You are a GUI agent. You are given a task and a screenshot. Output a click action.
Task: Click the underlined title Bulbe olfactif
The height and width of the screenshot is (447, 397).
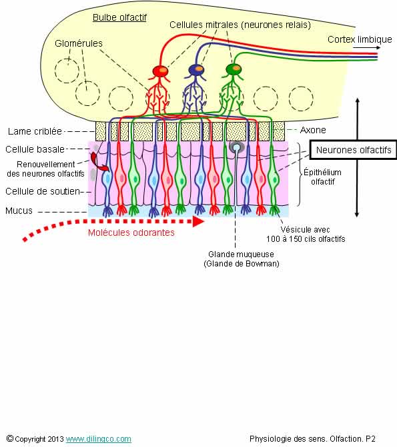(x=119, y=18)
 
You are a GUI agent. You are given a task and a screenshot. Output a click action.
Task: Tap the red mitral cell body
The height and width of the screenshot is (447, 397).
(x=160, y=71)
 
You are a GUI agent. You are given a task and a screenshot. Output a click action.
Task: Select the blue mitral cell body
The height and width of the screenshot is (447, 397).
(x=196, y=70)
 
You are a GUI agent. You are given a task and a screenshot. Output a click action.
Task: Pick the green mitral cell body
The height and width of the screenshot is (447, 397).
(x=234, y=69)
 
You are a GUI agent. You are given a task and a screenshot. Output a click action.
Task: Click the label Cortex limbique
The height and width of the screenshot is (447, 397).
(x=360, y=39)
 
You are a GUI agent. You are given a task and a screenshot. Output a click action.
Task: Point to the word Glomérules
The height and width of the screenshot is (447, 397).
(x=79, y=43)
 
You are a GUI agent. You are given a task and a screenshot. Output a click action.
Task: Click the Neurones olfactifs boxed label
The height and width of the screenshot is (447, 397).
(x=354, y=150)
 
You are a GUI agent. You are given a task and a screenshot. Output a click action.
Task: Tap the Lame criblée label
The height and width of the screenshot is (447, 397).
(x=35, y=131)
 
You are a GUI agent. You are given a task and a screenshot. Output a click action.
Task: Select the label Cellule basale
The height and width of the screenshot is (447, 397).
(x=35, y=149)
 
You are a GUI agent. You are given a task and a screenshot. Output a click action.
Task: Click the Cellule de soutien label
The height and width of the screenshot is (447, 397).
(x=43, y=191)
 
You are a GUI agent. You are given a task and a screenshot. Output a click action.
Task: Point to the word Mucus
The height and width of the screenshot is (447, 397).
(x=19, y=211)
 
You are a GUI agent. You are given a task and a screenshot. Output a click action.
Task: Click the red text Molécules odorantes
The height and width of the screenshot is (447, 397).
(x=131, y=232)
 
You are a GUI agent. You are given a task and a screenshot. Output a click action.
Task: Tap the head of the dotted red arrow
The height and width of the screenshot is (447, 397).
(x=198, y=222)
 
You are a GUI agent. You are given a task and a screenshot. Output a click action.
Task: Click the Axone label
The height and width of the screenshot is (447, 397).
(x=313, y=130)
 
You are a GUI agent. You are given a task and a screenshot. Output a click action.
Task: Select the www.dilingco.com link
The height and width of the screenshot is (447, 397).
(x=99, y=439)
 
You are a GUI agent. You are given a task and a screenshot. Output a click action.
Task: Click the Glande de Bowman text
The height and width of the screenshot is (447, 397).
(x=242, y=263)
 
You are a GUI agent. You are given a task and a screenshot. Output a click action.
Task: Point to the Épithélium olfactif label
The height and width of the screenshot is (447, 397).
(x=322, y=177)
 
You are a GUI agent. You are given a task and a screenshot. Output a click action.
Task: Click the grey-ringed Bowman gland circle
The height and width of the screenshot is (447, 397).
(x=237, y=147)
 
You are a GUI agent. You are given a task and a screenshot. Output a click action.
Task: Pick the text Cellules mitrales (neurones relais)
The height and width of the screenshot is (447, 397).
(x=240, y=25)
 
